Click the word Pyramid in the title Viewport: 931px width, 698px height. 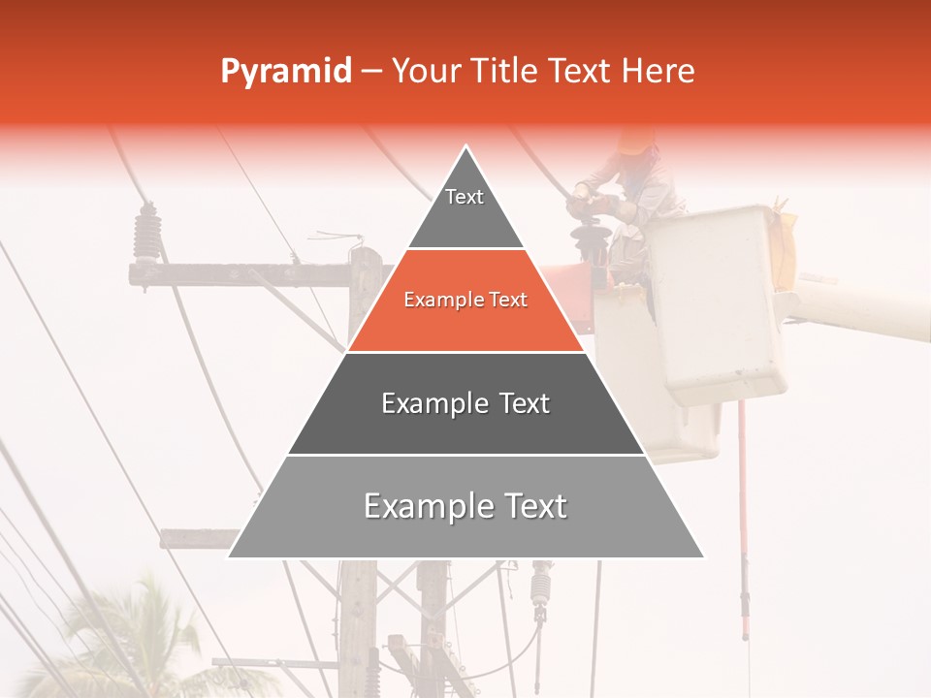(285, 72)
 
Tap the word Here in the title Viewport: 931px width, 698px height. (658, 72)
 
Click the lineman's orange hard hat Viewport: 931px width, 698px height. (636, 142)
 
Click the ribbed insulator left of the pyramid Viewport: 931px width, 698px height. (146, 234)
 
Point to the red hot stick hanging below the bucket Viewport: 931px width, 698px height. (744, 523)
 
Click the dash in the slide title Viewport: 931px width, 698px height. (371, 72)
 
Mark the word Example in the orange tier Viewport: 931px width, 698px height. (439, 301)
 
